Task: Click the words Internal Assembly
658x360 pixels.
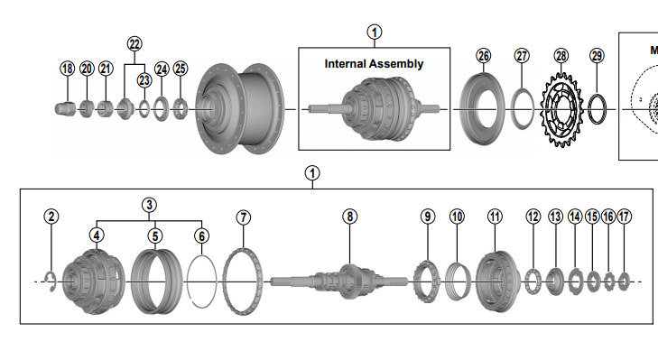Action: pos(374,64)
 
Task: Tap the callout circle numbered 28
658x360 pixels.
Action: pos(561,56)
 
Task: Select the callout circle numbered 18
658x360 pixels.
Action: pos(67,68)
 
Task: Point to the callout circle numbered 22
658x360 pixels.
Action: pos(134,43)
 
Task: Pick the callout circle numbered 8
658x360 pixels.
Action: pos(349,217)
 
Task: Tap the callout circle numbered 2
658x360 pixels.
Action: pos(51,217)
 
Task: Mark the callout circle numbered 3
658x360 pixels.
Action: pos(149,204)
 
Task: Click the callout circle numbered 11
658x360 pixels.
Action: pos(494,217)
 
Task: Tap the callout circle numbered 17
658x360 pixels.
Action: pos(624,217)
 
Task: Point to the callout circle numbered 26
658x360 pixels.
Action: pos(484,56)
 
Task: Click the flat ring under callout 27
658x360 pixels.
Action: pos(523,109)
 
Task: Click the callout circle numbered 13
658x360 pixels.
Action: pos(554,217)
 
